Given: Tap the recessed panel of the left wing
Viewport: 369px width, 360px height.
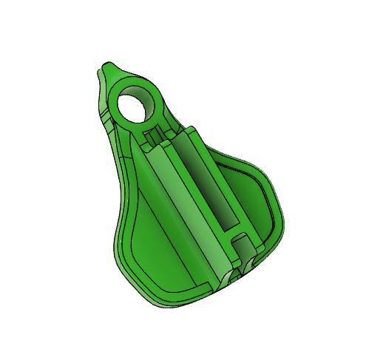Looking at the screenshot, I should [148, 251].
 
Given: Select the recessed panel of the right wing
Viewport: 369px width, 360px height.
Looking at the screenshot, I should [251, 196].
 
